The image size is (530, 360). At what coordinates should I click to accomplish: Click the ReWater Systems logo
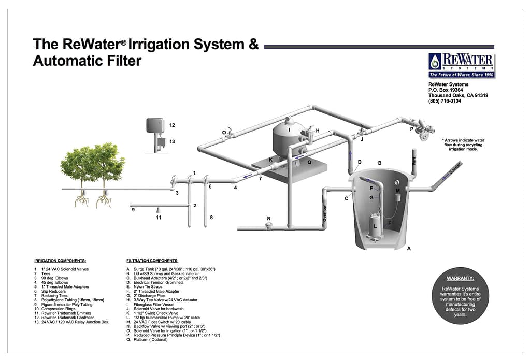pos(461,65)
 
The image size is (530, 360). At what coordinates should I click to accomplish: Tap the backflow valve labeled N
pos(269,226)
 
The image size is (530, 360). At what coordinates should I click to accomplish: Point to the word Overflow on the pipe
pos(325,212)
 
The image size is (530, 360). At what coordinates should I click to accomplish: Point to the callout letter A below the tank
pos(409,249)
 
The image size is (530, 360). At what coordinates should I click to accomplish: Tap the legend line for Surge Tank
pos(170,269)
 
